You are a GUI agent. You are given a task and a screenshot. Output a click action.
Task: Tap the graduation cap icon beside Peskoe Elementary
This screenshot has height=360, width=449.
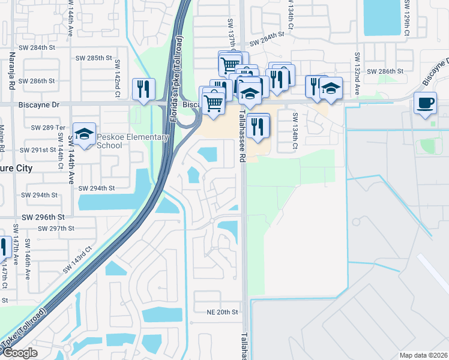(x=84, y=134)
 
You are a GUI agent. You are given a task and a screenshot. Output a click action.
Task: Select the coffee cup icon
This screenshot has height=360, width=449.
(x=425, y=103)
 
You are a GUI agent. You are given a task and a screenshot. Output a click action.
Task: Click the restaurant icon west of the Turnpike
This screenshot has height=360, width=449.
(x=143, y=89)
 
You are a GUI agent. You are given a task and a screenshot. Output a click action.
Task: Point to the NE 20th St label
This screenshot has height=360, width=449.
(x=223, y=312)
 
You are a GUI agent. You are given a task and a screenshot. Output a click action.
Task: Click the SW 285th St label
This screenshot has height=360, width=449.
(x=94, y=58)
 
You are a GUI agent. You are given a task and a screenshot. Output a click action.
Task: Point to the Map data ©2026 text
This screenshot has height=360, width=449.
(x=423, y=355)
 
